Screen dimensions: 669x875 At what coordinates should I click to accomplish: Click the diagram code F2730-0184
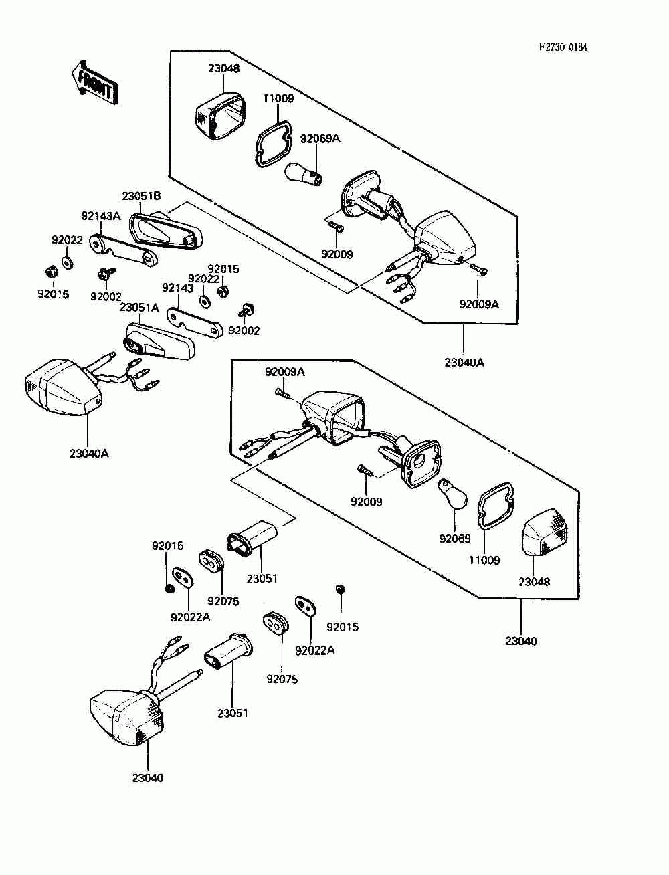click(563, 47)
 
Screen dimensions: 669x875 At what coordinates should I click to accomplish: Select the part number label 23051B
click(141, 196)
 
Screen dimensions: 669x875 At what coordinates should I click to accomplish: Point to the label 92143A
click(100, 215)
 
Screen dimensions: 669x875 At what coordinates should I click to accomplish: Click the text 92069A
click(320, 138)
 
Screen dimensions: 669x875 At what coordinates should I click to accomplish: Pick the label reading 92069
click(455, 539)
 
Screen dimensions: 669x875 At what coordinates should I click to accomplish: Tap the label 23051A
click(140, 308)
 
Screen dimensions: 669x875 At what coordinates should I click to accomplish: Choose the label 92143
click(178, 288)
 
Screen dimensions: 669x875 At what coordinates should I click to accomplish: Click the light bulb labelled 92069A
click(304, 174)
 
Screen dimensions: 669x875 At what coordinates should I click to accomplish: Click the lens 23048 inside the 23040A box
click(221, 116)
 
